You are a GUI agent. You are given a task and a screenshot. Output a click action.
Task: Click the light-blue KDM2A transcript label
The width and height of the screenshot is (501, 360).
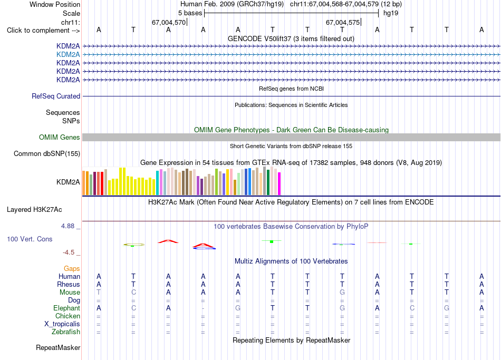(68, 55)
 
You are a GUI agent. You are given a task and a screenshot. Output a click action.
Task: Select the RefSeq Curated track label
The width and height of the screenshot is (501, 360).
(56, 96)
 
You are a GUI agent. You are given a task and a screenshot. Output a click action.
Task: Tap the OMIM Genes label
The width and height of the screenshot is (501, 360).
(60, 138)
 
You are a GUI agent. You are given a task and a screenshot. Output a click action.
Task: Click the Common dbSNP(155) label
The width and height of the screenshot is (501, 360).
(47, 154)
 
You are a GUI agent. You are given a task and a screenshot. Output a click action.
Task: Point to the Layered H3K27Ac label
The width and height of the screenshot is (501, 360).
(34, 210)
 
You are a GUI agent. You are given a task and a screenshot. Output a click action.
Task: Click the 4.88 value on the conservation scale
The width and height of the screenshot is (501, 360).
(68, 226)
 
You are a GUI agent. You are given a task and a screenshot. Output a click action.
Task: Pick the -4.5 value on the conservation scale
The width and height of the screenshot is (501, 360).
(69, 252)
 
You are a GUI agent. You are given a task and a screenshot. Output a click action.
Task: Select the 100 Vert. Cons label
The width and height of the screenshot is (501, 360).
(30, 239)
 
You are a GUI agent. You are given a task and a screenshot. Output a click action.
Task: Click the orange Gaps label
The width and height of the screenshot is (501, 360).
(72, 269)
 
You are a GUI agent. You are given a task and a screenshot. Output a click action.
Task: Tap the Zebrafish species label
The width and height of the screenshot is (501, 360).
(66, 332)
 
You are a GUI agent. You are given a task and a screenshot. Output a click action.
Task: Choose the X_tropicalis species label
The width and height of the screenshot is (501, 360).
(62, 324)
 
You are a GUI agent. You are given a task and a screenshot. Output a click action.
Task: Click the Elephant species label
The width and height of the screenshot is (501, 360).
(66, 308)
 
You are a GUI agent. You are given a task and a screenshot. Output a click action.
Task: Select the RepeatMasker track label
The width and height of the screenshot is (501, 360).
(58, 347)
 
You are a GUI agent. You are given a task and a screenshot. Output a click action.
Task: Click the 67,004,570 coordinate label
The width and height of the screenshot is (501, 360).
(169, 22)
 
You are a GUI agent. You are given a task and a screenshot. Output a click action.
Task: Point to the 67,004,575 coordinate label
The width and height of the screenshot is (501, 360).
(342, 22)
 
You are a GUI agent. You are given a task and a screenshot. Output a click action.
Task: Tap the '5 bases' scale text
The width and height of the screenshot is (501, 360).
(190, 13)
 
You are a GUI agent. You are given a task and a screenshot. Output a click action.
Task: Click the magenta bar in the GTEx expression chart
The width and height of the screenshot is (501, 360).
(280, 183)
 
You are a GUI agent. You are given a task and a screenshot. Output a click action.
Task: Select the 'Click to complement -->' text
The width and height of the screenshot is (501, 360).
(43, 31)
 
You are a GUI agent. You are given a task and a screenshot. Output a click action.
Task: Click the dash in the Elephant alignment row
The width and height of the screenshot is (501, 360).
(203, 308)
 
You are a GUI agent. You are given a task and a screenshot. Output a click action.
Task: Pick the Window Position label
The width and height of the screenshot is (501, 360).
(55, 4)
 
